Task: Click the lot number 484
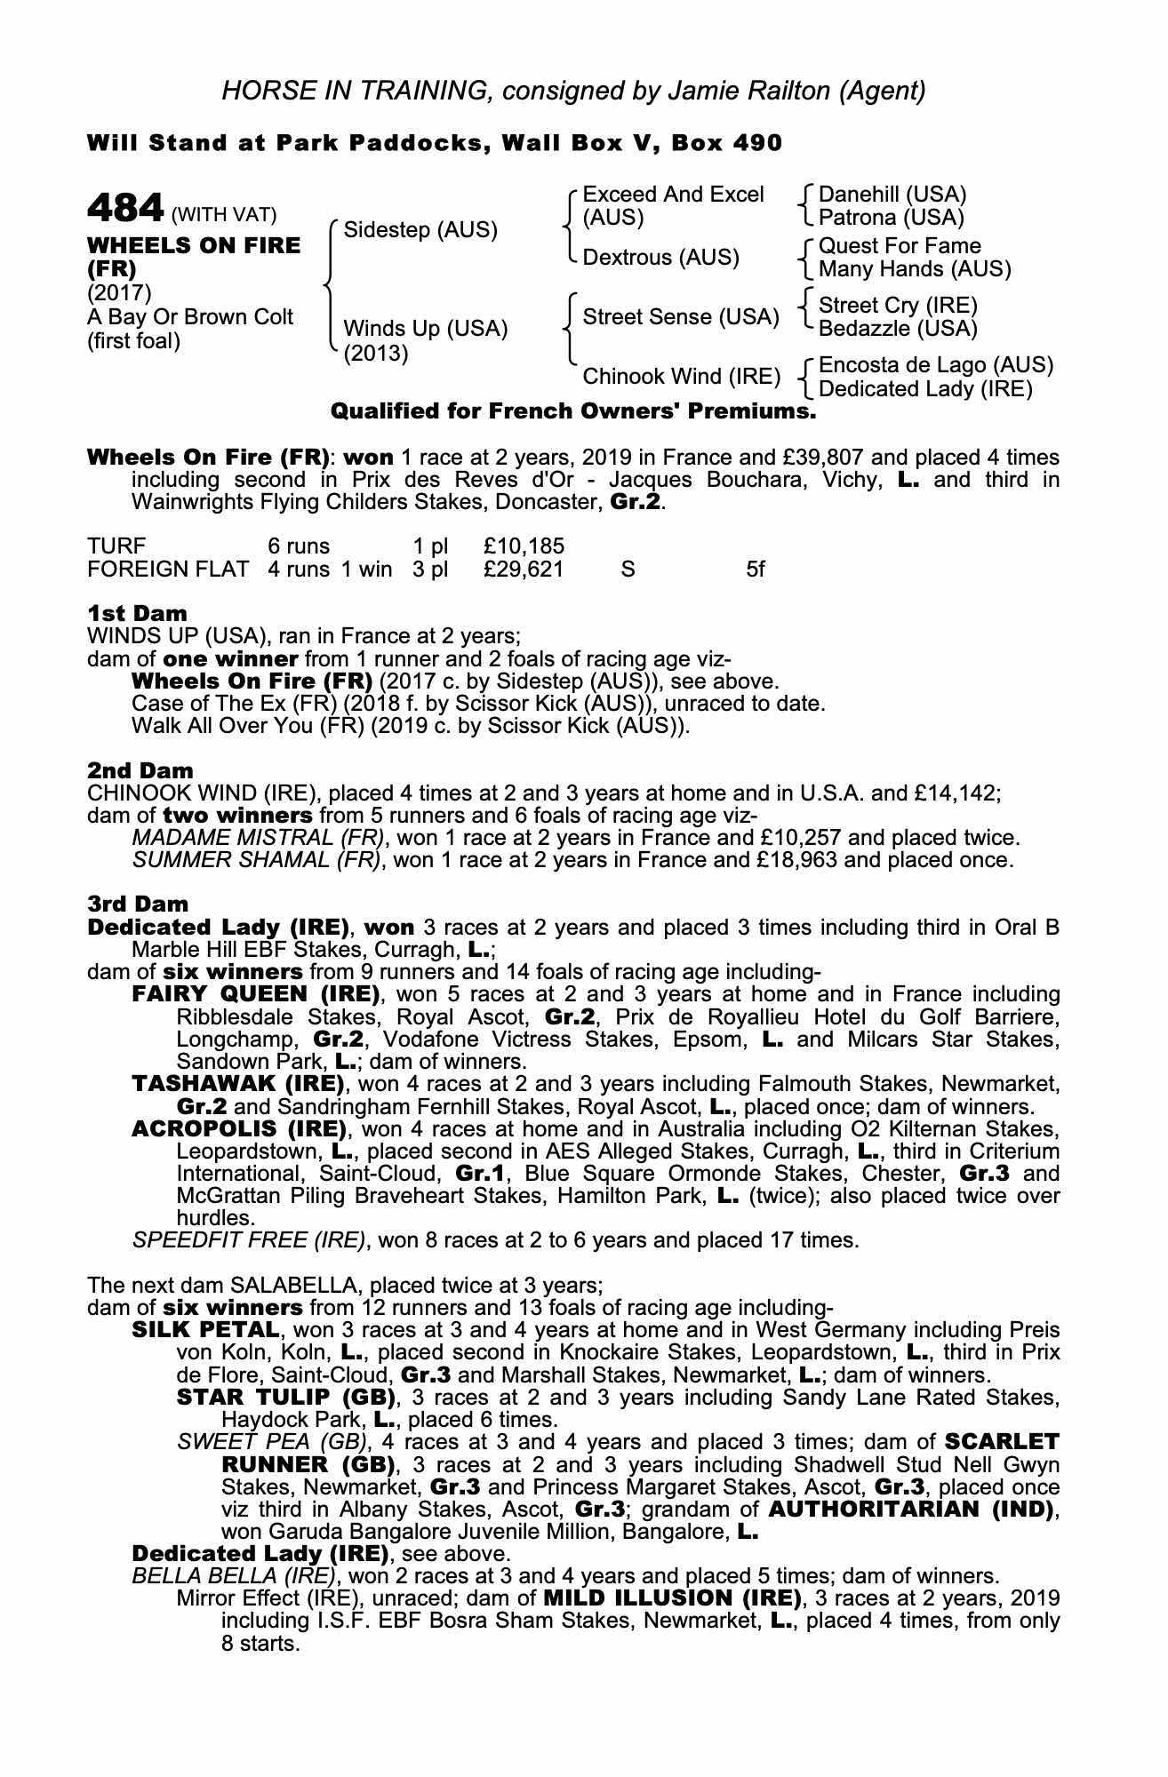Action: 125,209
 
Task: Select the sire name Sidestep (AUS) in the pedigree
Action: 420,229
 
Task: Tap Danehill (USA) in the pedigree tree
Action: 892,195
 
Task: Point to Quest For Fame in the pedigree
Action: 900,246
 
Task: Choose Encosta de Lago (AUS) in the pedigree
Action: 935,365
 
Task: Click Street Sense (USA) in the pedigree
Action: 681,317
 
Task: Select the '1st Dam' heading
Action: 137,614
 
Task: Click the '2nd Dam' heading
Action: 140,770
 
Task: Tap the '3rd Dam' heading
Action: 138,904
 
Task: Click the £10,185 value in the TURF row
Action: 524,546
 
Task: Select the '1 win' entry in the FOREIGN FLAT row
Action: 366,569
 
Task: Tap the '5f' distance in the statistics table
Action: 755,569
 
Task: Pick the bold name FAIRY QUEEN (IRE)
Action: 255,994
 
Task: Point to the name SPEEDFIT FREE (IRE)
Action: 248,1239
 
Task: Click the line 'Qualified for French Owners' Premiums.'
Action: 572,411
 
